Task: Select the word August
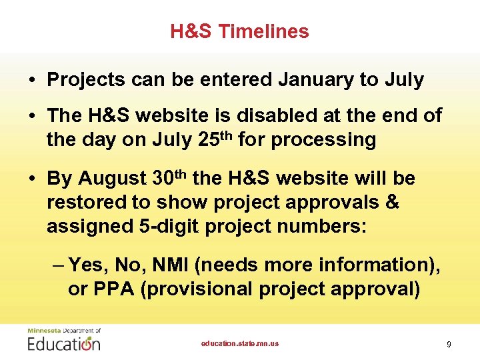click(x=113, y=179)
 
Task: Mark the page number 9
click(x=449, y=344)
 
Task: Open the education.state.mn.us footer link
click(x=240, y=343)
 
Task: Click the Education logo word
click(x=64, y=343)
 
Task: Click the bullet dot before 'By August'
click(x=31, y=179)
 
